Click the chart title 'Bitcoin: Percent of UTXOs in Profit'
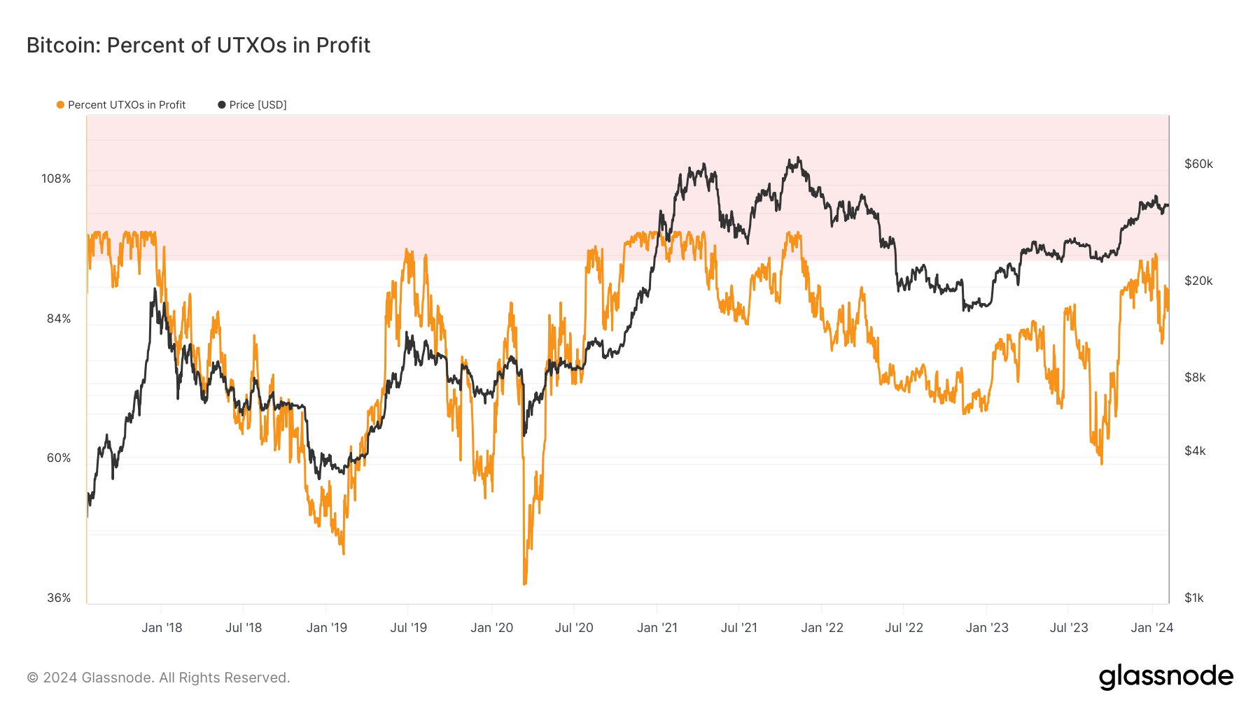(x=198, y=45)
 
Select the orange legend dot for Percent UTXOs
(x=61, y=105)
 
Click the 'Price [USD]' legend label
(x=258, y=105)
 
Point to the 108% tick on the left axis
(x=56, y=178)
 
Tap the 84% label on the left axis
(x=59, y=318)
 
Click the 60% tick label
(x=59, y=458)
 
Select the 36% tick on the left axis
(x=59, y=598)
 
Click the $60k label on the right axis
(x=1198, y=164)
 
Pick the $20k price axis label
(x=1198, y=281)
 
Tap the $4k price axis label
(x=1195, y=451)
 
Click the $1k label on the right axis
(x=1194, y=598)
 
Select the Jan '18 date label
(x=162, y=628)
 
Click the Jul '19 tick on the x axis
(x=408, y=628)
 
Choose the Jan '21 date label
(x=657, y=628)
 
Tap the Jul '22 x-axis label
(x=904, y=628)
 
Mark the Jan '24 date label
(x=1151, y=628)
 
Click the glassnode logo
(x=1165, y=677)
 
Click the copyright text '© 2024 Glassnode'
(x=158, y=678)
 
